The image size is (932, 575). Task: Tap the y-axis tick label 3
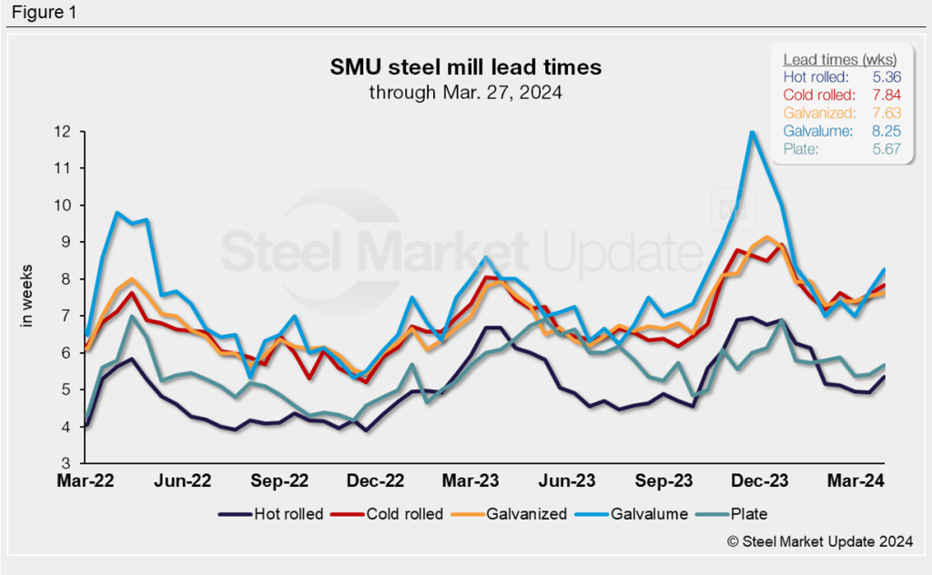[66, 462]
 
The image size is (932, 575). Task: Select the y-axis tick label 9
[66, 242]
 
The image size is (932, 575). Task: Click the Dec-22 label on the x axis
[377, 479]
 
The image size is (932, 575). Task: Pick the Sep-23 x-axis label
[664, 479]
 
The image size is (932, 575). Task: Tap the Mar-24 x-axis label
[855, 479]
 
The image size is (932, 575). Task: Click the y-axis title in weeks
[26, 296]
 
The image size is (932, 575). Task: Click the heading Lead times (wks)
[839, 59]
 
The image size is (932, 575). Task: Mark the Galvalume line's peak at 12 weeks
[752, 132]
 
